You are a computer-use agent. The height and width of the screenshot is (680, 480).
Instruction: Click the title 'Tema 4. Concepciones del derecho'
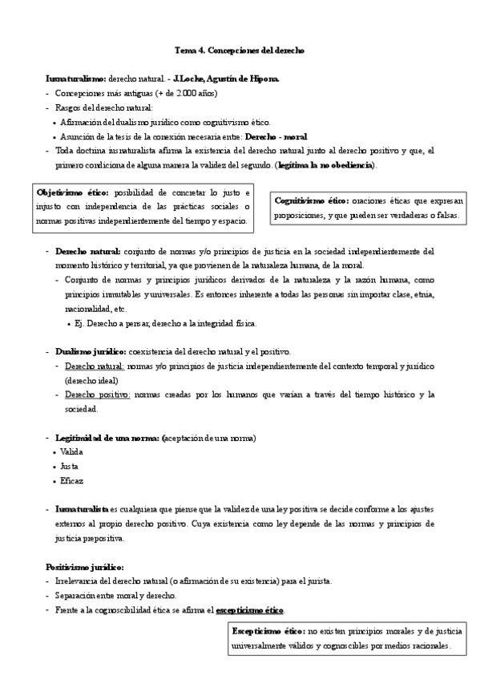click(240, 51)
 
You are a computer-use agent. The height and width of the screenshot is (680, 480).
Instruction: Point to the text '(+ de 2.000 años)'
click(181, 94)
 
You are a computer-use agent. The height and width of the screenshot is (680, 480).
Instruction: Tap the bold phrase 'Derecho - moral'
click(276, 137)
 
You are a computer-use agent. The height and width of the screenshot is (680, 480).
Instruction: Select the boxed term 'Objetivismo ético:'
click(75, 192)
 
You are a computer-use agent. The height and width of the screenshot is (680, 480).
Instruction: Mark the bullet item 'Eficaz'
click(71, 480)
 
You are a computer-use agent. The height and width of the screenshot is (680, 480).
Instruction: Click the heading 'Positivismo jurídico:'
click(84, 567)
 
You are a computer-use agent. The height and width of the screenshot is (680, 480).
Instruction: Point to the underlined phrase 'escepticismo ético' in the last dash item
click(250, 610)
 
